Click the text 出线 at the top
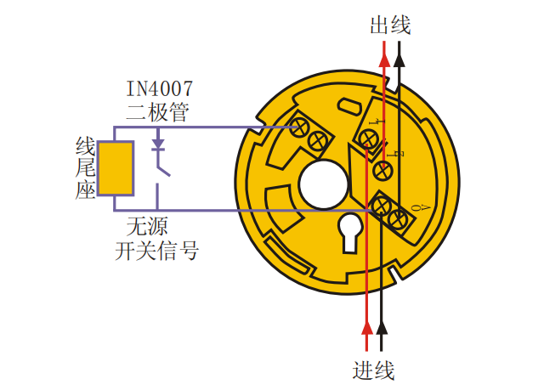click(390, 25)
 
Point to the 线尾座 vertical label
click(83, 168)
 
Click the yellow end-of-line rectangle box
click(116, 168)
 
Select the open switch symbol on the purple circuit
click(161, 170)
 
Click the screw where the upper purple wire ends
click(299, 127)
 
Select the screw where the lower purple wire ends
click(378, 204)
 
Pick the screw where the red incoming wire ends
click(371, 139)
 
